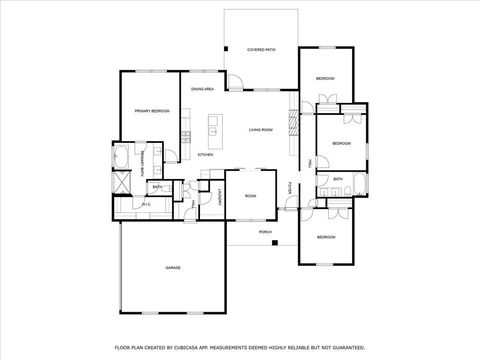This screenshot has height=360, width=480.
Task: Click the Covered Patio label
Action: [262, 49]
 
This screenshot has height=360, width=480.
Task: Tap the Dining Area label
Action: [204, 90]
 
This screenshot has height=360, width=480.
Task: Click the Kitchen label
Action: [205, 155]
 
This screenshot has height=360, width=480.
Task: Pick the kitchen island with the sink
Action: [213, 127]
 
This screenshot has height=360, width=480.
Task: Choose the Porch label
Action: [265, 232]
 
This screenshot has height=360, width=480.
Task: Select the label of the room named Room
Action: [250, 196]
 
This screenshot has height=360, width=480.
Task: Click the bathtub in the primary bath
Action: [121, 157]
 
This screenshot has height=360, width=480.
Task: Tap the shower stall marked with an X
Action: [121, 184]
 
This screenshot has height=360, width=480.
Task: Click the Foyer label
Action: [290, 188]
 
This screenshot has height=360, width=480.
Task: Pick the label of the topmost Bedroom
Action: [325, 78]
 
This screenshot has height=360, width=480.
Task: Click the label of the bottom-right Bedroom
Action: [326, 237]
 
